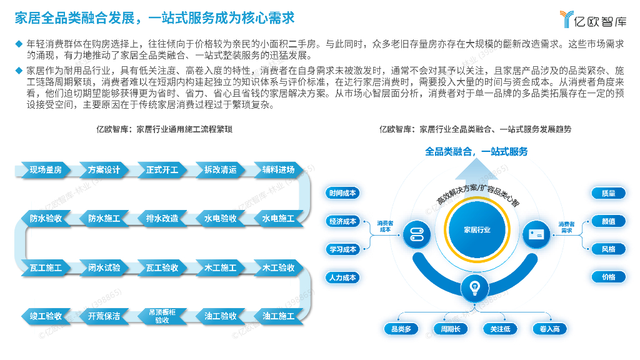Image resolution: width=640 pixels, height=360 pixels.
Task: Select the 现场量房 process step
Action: tap(46, 169)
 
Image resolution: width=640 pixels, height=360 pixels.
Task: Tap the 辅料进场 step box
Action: tap(278, 169)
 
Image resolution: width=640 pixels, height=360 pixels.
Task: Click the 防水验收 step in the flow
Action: tap(46, 219)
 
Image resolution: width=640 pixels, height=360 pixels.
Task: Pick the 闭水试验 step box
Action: tap(104, 267)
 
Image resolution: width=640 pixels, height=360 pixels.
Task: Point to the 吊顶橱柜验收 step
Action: tap(162, 316)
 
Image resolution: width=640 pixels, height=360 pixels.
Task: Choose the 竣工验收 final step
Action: tap(46, 316)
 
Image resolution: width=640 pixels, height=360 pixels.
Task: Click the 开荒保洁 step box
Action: tap(104, 316)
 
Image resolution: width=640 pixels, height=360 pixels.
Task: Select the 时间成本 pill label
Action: tap(342, 193)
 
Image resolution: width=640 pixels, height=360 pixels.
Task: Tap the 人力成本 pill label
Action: tap(342, 277)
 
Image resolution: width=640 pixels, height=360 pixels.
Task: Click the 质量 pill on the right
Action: tap(608, 193)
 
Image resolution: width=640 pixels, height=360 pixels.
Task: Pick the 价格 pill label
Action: tap(608, 277)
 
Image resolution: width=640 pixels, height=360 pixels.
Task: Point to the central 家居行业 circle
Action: tap(477, 230)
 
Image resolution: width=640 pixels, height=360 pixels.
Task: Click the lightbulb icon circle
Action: tap(474, 288)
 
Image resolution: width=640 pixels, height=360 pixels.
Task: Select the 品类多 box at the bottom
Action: tap(401, 329)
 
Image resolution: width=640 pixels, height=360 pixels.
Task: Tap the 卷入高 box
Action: tap(549, 329)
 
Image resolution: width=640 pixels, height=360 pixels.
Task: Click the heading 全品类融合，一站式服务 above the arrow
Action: tap(476, 151)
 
